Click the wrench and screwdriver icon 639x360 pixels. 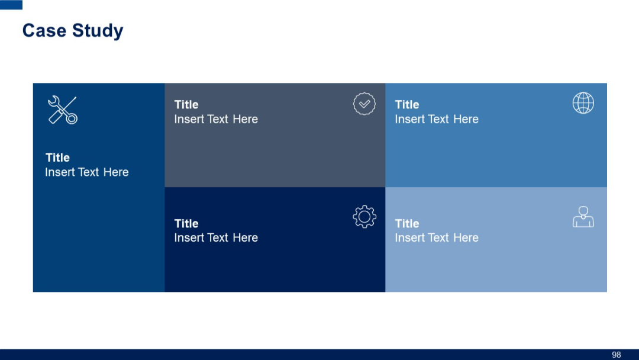coord(62,110)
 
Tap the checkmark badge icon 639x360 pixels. coord(364,104)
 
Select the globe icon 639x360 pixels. coord(583,103)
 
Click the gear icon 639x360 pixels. coord(364,217)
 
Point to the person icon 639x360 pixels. coord(583,217)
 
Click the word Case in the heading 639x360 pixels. coord(43,31)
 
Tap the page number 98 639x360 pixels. coord(616,355)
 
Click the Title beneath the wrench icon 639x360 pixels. coord(57,157)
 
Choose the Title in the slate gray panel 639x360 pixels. coord(186,105)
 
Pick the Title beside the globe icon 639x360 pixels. coord(407,105)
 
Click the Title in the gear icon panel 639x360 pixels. coord(186,224)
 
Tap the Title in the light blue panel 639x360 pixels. coord(407,224)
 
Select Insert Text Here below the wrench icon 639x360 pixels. coord(86,172)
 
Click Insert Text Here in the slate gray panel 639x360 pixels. coord(216,119)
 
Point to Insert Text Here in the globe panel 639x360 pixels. coord(437,119)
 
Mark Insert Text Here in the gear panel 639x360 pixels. coord(216,237)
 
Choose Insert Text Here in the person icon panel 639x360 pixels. coord(437,237)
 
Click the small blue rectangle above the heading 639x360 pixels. coord(11,5)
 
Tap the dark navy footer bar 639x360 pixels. coord(296,355)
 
